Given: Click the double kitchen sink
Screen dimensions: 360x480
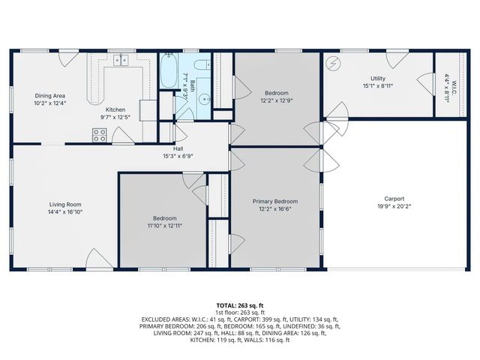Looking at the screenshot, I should (121, 61).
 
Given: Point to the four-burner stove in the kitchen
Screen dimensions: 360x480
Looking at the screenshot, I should (99, 134).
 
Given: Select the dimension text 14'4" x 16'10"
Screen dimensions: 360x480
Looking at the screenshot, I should (65, 212).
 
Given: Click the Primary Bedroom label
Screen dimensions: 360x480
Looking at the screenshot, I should (274, 201).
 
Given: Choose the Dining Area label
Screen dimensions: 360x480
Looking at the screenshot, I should (50, 96).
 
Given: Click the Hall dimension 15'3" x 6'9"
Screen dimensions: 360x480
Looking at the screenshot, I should (178, 156).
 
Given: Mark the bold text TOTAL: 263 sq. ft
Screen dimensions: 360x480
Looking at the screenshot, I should (240, 305).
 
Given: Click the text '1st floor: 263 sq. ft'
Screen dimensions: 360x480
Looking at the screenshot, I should (240, 312).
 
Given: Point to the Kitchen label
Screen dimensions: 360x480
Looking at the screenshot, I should (115, 109).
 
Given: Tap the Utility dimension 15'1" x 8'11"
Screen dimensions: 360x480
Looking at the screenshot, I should (378, 85).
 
